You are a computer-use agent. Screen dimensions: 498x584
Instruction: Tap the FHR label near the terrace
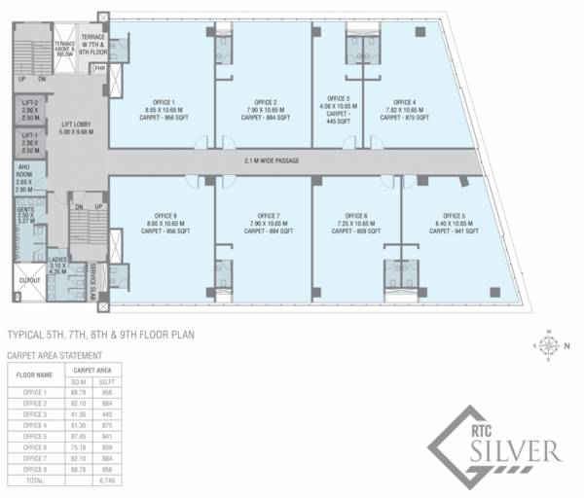pos(98,68)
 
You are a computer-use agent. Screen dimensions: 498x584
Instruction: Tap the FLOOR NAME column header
pos(33,374)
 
